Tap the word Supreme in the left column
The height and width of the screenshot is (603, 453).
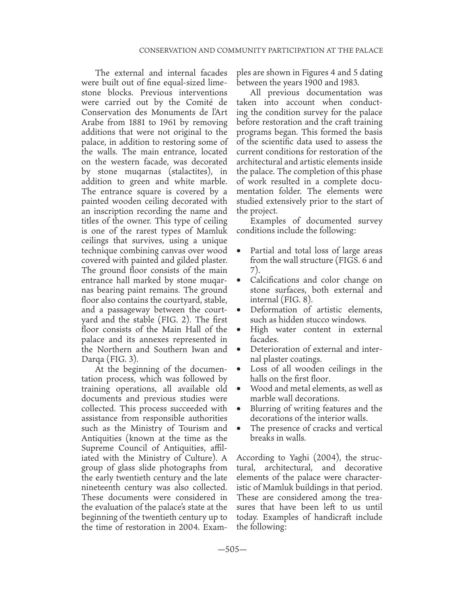point(98,448)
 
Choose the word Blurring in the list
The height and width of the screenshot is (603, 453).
point(267,409)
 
